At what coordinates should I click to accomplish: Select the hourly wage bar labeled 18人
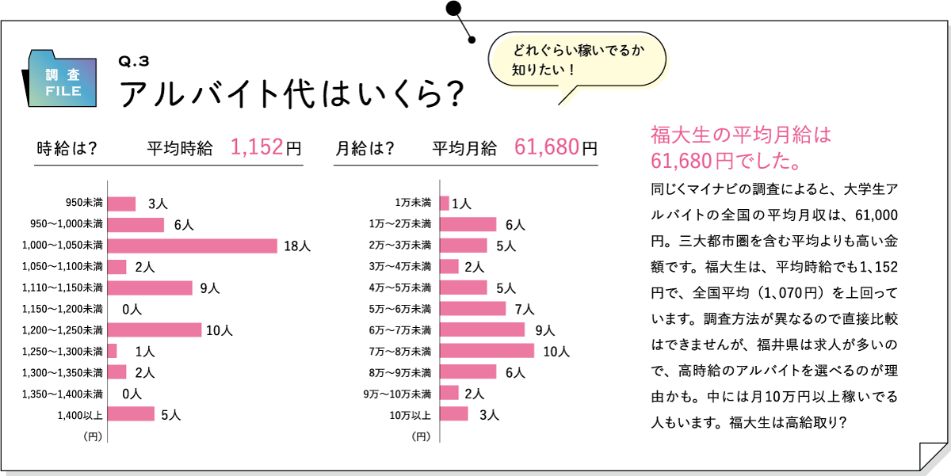[x=193, y=246]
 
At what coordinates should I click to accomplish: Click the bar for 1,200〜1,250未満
[x=155, y=329]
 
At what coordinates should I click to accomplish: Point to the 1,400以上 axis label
[x=80, y=414]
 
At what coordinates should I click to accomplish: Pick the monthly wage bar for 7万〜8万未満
[x=487, y=350]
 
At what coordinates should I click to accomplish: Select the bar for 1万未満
[x=445, y=204]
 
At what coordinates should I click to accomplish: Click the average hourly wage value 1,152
[x=257, y=147]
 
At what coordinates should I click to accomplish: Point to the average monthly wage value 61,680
[x=546, y=147]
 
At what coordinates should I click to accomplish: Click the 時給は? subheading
[x=67, y=148]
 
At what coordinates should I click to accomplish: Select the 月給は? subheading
[x=365, y=148]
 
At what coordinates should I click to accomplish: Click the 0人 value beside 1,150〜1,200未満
[x=132, y=309]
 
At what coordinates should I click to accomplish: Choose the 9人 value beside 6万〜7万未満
[x=544, y=329]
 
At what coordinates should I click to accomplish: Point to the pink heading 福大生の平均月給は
[x=739, y=133]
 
